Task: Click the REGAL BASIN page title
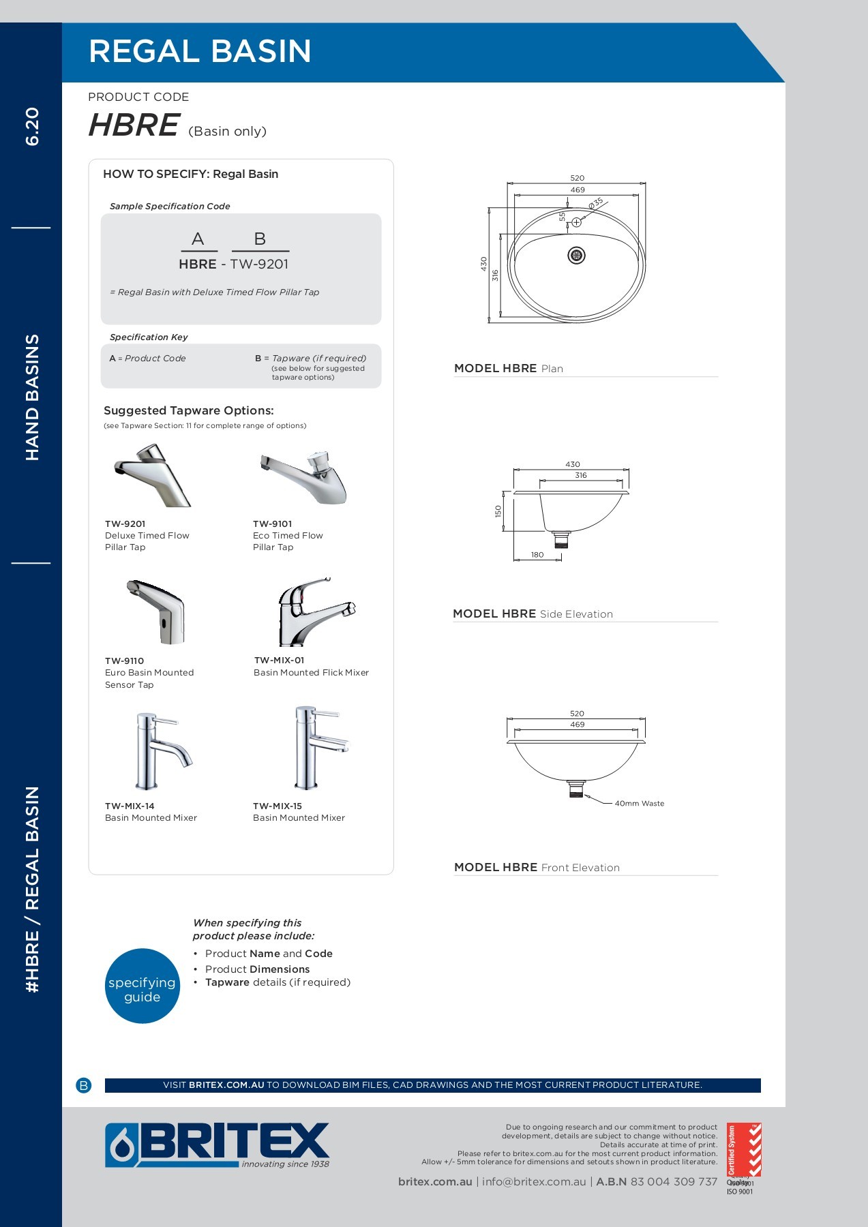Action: [200, 52]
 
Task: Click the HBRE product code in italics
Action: [134, 125]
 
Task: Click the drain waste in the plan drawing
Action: [577, 256]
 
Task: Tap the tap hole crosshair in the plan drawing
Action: [576, 222]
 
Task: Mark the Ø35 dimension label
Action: [596, 203]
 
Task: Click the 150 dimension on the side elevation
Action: [498, 511]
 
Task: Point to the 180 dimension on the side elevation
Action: [537, 555]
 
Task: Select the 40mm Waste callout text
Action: [639, 804]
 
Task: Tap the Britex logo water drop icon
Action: [121, 1145]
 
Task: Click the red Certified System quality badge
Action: [743, 1149]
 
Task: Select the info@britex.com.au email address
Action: [534, 1182]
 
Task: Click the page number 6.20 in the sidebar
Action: [32, 127]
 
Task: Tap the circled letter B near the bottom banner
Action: [84, 1085]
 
